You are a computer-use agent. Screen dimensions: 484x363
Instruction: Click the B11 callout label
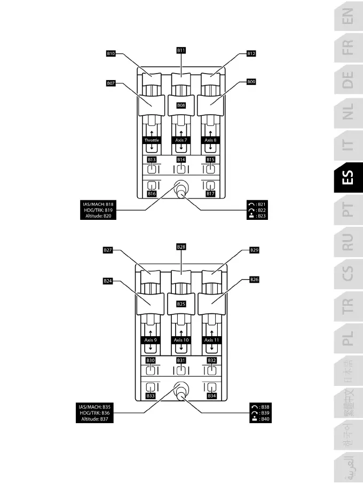pyautogui.click(x=181, y=50)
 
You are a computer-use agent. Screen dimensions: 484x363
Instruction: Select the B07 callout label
pyautogui.click(x=111, y=83)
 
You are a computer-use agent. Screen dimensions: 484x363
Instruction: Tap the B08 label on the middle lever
pyautogui.click(x=181, y=106)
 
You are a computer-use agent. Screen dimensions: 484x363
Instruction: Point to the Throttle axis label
pyautogui.click(x=152, y=140)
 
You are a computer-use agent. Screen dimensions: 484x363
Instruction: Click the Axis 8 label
pyautogui.click(x=211, y=140)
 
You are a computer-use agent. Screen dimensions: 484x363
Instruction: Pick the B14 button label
pyautogui.click(x=181, y=160)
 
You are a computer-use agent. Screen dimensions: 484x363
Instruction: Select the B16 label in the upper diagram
pyautogui.click(x=152, y=194)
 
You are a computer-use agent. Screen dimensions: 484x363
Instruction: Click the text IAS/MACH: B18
pyautogui.click(x=98, y=204)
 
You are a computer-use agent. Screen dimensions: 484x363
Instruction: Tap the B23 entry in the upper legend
pyautogui.click(x=258, y=216)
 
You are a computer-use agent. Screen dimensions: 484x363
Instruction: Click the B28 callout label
pyautogui.click(x=181, y=247)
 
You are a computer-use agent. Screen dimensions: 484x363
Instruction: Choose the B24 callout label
pyautogui.click(x=107, y=281)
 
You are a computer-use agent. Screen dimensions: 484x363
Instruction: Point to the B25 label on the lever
pyautogui.click(x=181, y=304)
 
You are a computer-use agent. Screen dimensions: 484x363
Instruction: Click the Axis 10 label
pyautogui.click(x=181, y=340)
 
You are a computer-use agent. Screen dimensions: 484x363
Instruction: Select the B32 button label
pyautogui.click(x=211, y=361)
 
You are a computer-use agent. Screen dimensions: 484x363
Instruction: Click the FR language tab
pyautogui.click(x=348, y=50)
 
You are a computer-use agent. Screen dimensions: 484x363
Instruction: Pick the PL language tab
pyautogui.click(x=348, y=338)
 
